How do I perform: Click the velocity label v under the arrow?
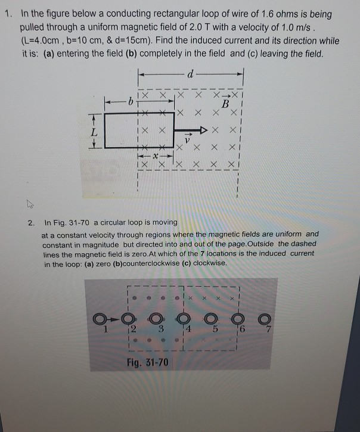click(186, 141)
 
